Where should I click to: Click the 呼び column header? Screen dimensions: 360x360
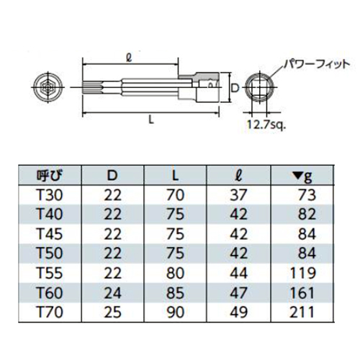click(x=50, y=176)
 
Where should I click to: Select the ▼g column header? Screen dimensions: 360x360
click(x=303, y=176)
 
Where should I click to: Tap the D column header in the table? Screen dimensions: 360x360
click(x=112, y=176)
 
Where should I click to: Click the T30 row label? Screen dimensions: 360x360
click(x=50, y=195)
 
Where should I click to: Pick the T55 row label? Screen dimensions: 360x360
click(x=50, y=273)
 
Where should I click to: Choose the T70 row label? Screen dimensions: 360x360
click(x=50, y=312)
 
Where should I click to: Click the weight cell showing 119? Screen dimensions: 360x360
click(x=302, y=273)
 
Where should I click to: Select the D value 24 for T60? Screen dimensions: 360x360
click(x=113, y=293)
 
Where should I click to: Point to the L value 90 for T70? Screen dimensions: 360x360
click(x=176, y=312)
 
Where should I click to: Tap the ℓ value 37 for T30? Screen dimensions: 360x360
click(x=238, y=195)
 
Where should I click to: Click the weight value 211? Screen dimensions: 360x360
click(x=302, y=312)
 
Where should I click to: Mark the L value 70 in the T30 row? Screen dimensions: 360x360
click(x=176, y=195)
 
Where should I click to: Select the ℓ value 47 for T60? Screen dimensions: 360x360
click(x=238, y=293)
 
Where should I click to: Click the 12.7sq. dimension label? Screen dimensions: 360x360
click(x=266, y=125)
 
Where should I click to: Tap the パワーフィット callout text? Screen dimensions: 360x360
click(x=316, y=64)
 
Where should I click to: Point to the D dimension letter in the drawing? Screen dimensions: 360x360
click(x=236, y=89)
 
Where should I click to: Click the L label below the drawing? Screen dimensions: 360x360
click(x=151, y=120)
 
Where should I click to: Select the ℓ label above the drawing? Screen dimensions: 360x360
click(x=130, y=57)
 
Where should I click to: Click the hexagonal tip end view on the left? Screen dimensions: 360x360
click(x=48, y=87)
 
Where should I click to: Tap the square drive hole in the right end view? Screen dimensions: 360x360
click(x=259, y=88)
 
